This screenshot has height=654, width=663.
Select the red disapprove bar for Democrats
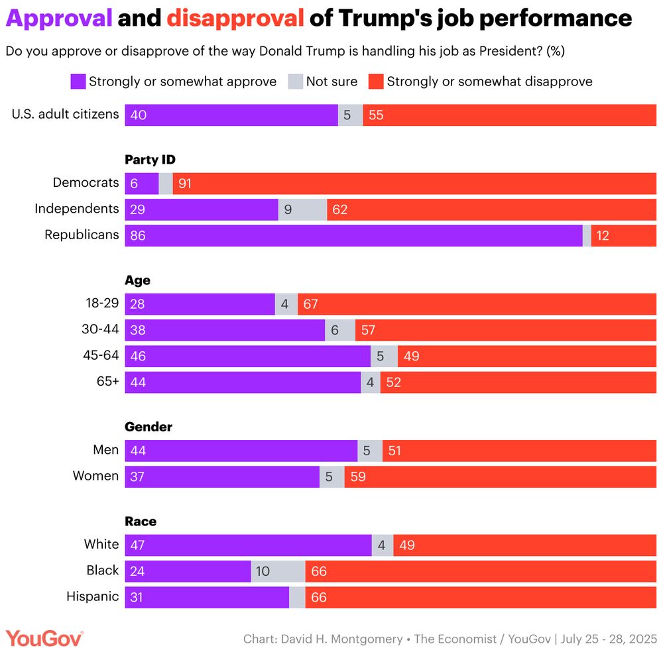click(414, 183)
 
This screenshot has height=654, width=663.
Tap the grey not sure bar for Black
click(278, 571)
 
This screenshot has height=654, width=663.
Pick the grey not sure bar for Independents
click(302, 209)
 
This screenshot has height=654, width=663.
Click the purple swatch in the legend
click(78, 82)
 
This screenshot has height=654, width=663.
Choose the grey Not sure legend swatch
click(295, 82)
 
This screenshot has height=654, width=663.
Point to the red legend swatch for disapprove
click(376, 82)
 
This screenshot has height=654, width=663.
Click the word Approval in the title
click(59, 18)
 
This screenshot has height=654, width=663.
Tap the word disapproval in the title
click(235, 18)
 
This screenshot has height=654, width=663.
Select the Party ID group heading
click(150, 159)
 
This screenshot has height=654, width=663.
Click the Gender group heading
click(149, 427)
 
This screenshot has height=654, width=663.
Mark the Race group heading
click(140, 521)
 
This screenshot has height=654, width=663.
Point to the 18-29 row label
click(102, 303)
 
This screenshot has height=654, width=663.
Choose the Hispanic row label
click(93, 596)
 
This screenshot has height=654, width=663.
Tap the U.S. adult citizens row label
click(66, 114)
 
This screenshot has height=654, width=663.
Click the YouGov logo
click(44, 639)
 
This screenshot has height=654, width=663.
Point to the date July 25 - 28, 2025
click(609, 639)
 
